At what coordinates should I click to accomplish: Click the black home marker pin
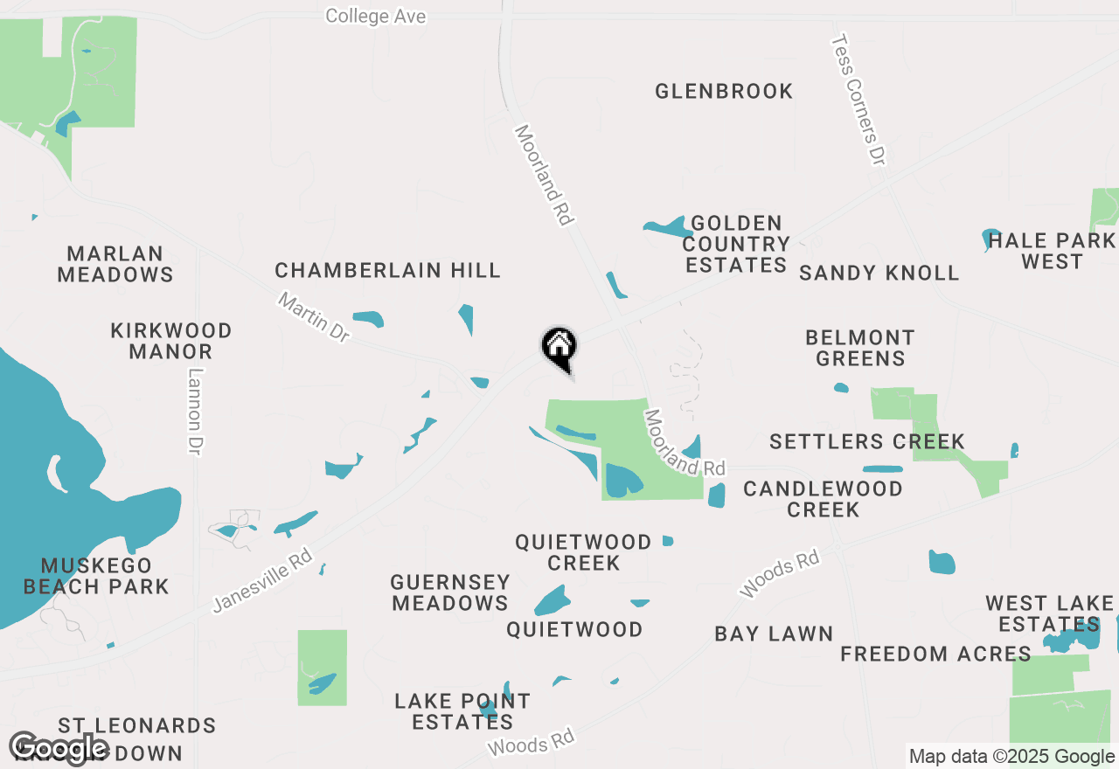click(x=559, y=348)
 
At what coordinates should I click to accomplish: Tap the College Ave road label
click(x=376, y=16)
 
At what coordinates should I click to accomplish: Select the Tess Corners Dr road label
click(x=858, y=100)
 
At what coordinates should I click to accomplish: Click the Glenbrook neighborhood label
click(x=724, y=91)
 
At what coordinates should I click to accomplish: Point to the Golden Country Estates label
click(x=736, y=244)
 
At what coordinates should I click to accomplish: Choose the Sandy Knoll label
click(x=879, y=273)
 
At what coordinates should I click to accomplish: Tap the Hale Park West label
click(x=1052, y=251)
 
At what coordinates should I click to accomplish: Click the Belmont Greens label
click(x=860, y=348)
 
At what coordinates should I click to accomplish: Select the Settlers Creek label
click(x=867, y=441)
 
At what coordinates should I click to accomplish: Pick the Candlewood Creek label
click(x=823, y=498)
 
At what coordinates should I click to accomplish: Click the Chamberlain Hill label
click(x=388, y=270)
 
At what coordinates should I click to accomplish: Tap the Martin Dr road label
click(x=314, y=317)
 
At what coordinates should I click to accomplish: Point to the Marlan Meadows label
click(x=115, y=264)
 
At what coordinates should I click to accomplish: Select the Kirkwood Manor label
click(x=171, y=341)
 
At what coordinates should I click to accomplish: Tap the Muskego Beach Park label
click(x=96, y=576)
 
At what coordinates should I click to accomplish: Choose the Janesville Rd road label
click(x=262, y=581)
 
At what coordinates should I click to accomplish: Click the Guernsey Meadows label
click(x=450, y=592)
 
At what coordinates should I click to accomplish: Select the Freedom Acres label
click(x=935, y=654)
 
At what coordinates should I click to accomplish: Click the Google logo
click(x=59, y=748)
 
